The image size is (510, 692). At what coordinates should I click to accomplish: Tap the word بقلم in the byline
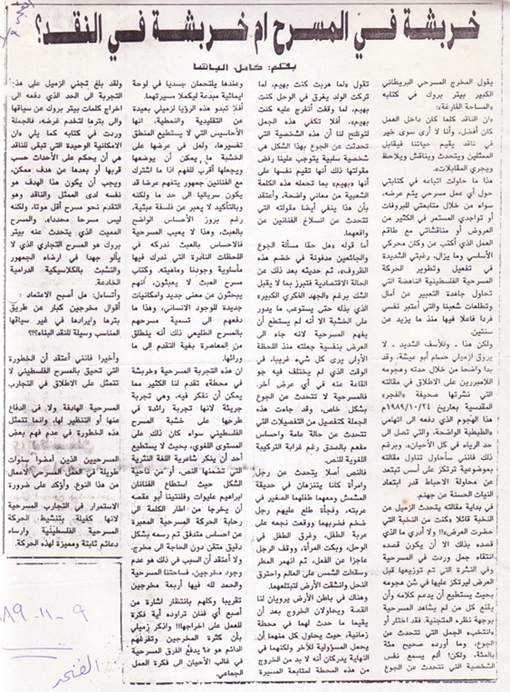tap(265, 65)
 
